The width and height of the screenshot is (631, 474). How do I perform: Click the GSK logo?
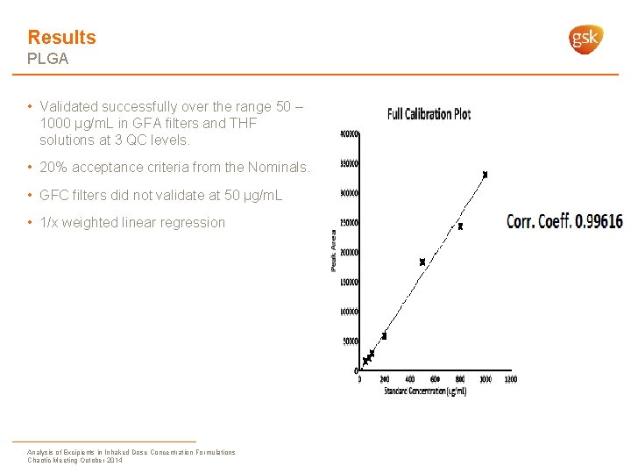pyautogui.click(x=586, y=39)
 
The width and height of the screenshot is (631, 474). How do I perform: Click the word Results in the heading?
pyautogui.click(x=61, y=37)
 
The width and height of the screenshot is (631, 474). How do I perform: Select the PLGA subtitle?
pyautogui.click(x=47, y=60)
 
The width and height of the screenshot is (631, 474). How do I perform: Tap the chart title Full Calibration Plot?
pyautogui.click(x=429, y=114)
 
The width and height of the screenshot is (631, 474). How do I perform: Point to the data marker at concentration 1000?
pyautogui.click(x=485, y=175)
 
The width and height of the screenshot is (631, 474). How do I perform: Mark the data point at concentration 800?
pyautogui.click(x=460, y=226)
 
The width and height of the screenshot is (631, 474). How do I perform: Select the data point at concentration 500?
pyautogui.click(x=422, y=262)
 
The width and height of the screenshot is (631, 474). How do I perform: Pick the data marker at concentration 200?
pyautogui.click(x=384, y=335)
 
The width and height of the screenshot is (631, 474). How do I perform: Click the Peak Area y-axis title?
pyautogui.click(x=334, y=250)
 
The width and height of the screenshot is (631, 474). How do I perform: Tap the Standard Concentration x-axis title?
pyautogui.click(x=425, y=391)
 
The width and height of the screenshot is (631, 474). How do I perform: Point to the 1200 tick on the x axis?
pyautogui.click(x=510, y=379)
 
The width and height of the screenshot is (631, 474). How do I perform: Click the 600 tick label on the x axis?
pyautogui.click(x=435, y=379)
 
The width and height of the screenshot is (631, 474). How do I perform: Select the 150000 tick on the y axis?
pyautogui.click(x=349, y=282)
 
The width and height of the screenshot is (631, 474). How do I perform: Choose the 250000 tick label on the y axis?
pyautogui.click(x=349, y=223)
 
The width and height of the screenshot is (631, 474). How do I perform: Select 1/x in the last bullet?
pyautogui.click(x=51, y=222)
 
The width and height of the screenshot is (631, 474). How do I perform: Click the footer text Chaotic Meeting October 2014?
pyautogui.click(x=75, y=460)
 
